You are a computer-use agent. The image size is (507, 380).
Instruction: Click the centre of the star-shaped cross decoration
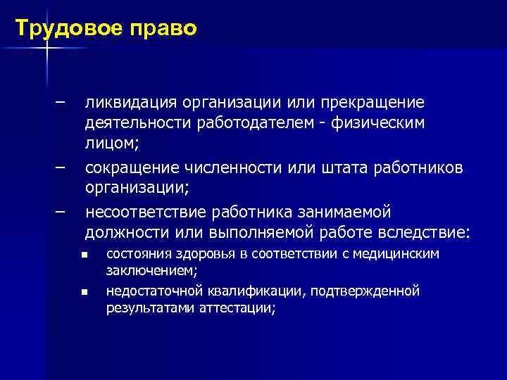coord(47,49)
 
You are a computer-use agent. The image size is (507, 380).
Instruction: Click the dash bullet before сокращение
coord(60,167)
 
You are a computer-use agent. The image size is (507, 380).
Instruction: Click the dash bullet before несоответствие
coord(60,210)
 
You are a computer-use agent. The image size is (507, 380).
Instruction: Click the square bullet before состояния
coord(84,254)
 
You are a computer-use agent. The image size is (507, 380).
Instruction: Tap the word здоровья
coord(199,253)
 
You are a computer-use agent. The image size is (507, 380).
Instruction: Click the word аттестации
coord(235,308)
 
